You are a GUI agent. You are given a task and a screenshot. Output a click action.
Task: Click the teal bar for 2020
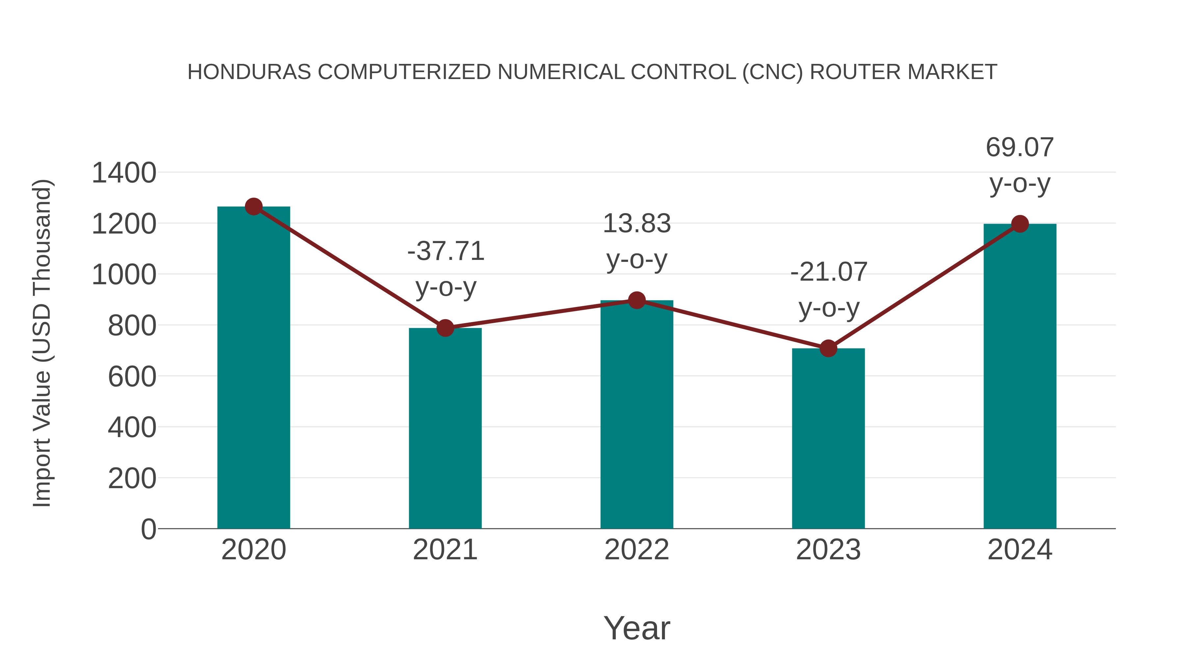point(253,368)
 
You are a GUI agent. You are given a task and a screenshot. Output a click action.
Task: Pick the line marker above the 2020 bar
point(253,207)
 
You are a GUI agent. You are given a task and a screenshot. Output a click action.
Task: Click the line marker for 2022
point(637,300)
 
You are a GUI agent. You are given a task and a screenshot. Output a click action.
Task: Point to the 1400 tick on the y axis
point(124,174)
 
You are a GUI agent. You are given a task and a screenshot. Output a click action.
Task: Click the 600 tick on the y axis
point(132,377)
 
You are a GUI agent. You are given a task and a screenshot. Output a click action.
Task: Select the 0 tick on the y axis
point(148,529)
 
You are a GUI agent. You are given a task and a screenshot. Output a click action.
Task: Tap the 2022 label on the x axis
point(637,550)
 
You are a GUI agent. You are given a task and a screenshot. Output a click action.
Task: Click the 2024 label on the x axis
point(1019,550)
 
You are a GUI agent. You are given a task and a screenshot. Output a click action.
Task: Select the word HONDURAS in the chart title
point(249,72)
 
